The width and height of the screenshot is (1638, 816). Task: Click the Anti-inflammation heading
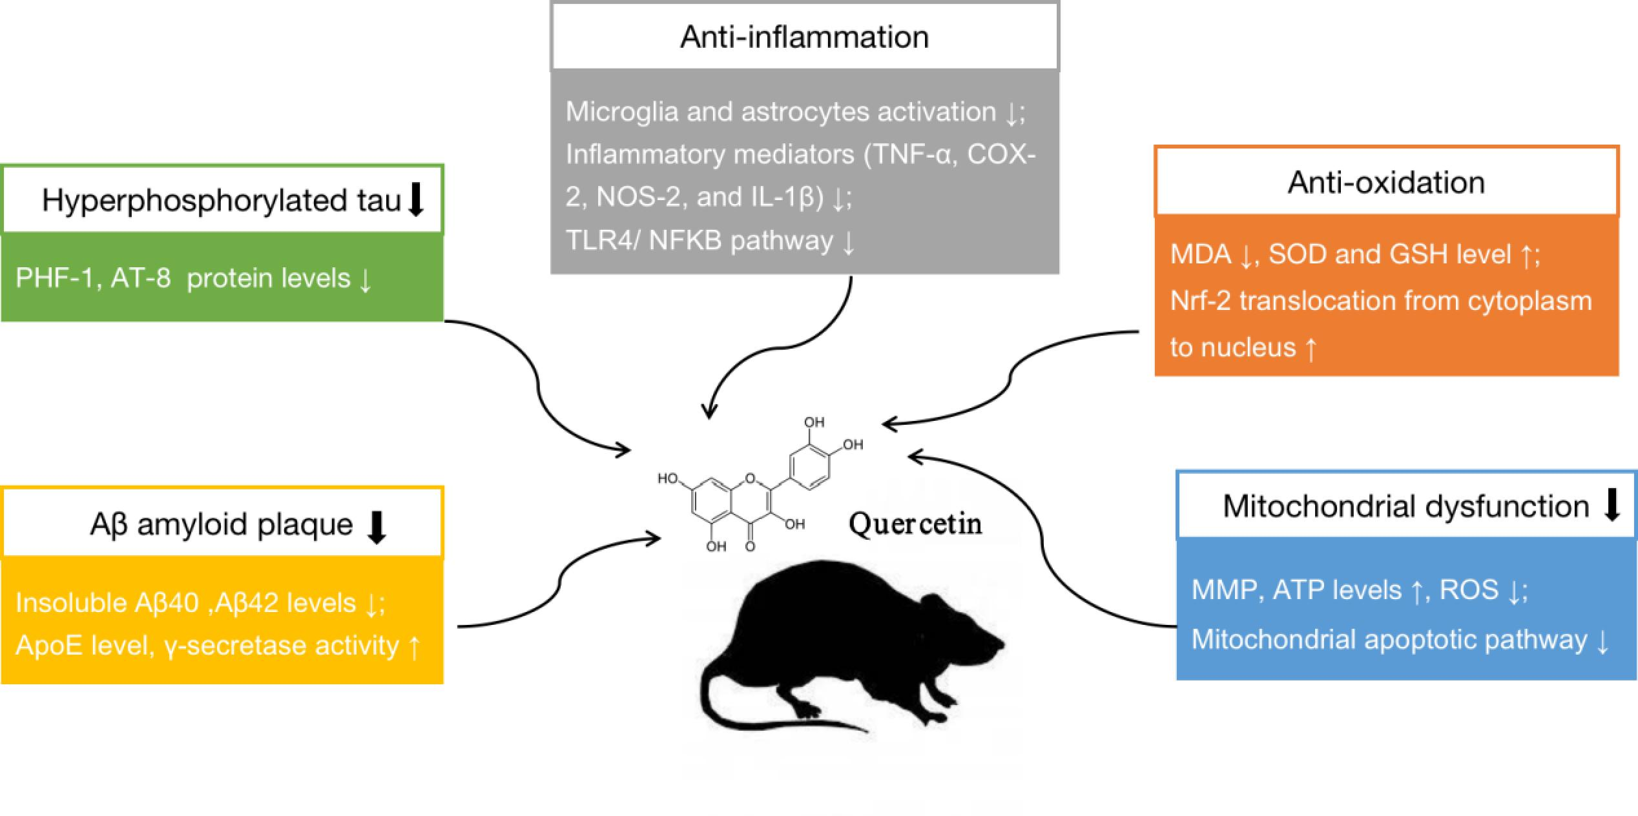[804, 37]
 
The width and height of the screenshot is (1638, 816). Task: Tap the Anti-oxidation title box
[1386, 182]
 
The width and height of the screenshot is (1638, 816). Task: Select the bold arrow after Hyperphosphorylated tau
[417, 199]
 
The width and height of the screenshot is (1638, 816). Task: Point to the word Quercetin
[915, 524]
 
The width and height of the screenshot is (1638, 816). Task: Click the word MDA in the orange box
[1200, 254]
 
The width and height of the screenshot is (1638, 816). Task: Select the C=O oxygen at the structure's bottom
[750, 547]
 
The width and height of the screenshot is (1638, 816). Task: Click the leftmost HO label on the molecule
[668, 478]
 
